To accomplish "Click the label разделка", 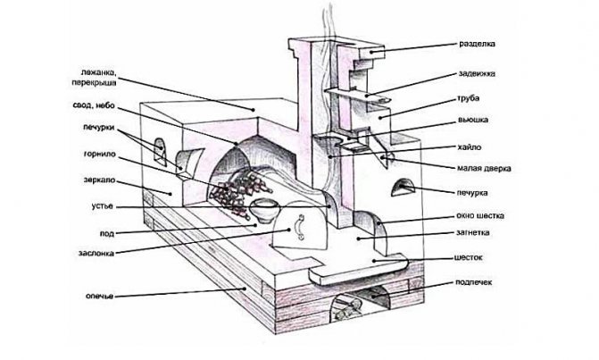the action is [477, 44].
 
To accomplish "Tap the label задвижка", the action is [477, 73].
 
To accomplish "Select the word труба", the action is [469, 98].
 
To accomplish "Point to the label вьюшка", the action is [473, 120].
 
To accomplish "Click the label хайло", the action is [470, 147].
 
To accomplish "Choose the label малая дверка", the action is [484, 168].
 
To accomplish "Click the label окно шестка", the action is [480, 215].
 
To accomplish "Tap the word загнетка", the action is [472, 232].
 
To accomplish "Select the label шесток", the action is [469, 257].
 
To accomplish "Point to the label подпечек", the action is [474, 282].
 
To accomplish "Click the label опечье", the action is [99, 296].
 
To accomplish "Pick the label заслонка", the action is [96, 253].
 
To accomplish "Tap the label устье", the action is [103, 206].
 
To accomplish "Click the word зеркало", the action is [99, 180].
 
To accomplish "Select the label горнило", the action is [99, 155].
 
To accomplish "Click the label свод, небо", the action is [94, 105].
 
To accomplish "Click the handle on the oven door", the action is [300, 228].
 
